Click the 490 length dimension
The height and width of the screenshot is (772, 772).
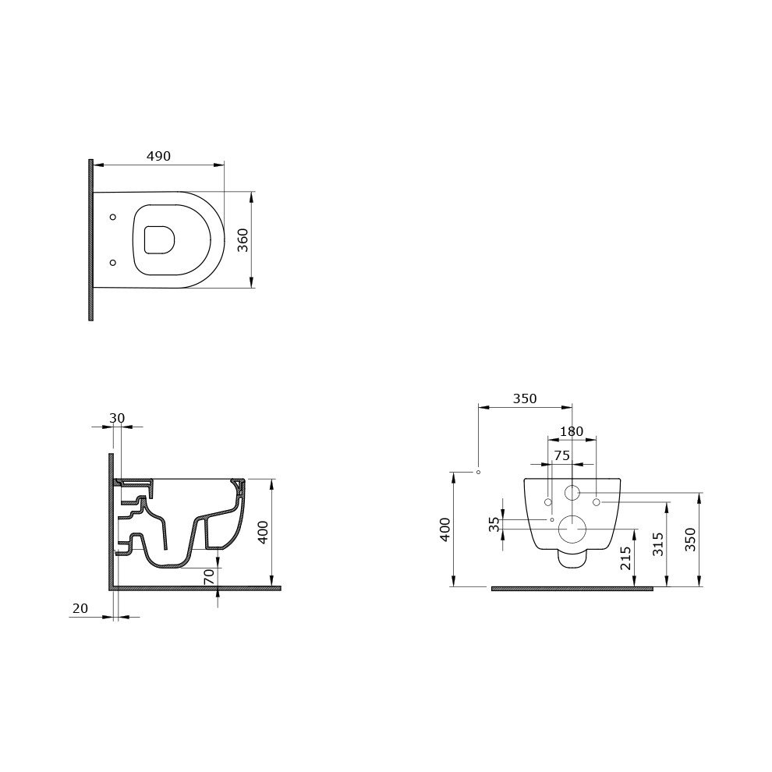pyautogui.click(x=158, y=156)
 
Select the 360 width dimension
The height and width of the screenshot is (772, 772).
pyautogui.click(x=243, y=239)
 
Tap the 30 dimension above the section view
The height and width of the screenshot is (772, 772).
pyautogui.click(x=117, y=418)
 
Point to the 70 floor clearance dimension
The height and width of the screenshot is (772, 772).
pyautogui.click(x=209, y=576)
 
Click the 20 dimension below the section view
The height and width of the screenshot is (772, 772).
pyautogui.click(x=80, y=608)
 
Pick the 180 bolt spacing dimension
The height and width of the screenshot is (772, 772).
pyautogui.click(x=572, y=432)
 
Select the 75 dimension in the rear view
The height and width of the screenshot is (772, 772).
pyautogui.click(x=561, y=456)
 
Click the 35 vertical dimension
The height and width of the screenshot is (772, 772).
pyautogui.click(x=495, y=524)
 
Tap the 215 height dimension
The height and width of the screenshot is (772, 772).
pyautogui.click(x=625, y=558)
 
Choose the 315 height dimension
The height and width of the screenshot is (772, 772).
pyautogui.click(x=658, y=544)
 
